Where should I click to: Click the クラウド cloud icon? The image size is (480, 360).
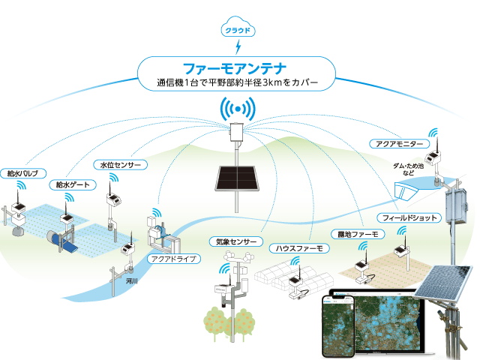point(238,31)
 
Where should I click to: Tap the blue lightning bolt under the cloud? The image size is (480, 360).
point(238,49)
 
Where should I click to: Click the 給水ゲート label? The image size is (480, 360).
point(68,184)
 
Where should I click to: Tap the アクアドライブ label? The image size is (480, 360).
point(173,259)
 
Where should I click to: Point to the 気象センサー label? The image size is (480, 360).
point(235,242)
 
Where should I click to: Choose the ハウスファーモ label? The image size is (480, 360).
point(298,247)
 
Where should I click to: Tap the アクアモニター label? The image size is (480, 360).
point(400,142)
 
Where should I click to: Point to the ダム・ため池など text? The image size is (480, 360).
point(413,169)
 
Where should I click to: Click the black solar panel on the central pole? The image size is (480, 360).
point(238,176)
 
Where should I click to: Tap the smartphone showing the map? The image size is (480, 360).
point(336,325)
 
